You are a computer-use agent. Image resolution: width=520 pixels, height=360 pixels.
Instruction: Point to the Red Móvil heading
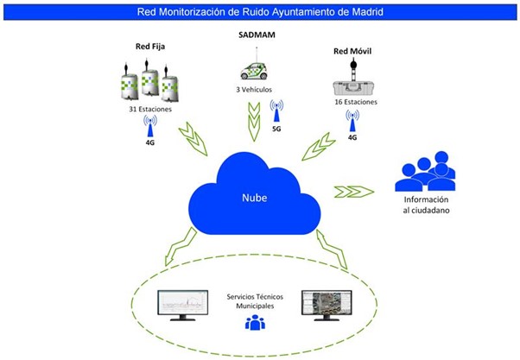click(x=352, y=51)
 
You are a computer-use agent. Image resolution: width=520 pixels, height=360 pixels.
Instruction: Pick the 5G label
click(x=277, y=128)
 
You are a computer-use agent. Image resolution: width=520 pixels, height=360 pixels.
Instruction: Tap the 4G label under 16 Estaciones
click(x=352, y=136)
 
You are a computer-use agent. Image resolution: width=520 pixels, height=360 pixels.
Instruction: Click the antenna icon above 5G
click(x=277, y=110)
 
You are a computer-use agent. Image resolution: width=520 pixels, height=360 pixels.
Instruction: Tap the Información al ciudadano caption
click(x=426, y=206)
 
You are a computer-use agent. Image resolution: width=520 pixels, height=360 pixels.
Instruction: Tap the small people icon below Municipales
click(x=255, y=323)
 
